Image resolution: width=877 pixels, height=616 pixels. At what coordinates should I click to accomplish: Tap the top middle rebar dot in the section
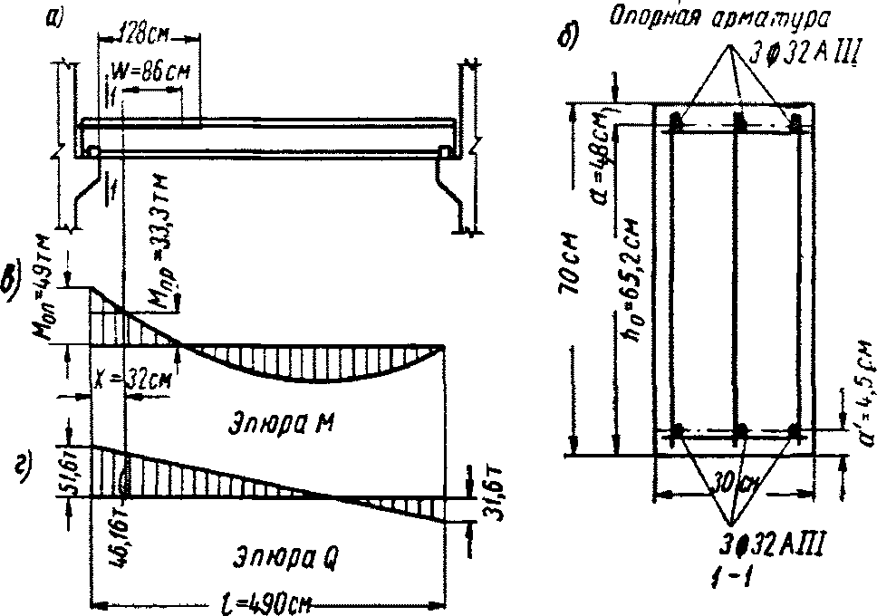tap(739, 120)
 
